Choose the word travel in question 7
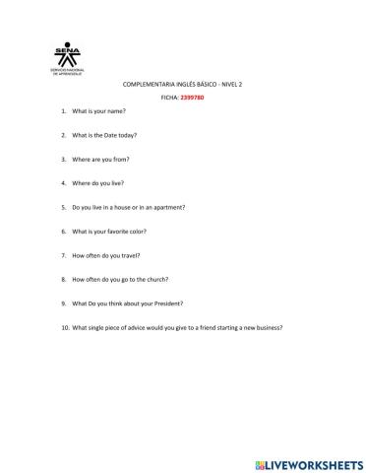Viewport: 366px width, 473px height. click(x=136, y=255)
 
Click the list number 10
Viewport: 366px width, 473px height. click(x=64, y=327)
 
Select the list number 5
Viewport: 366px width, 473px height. click(x=64, y=208)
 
